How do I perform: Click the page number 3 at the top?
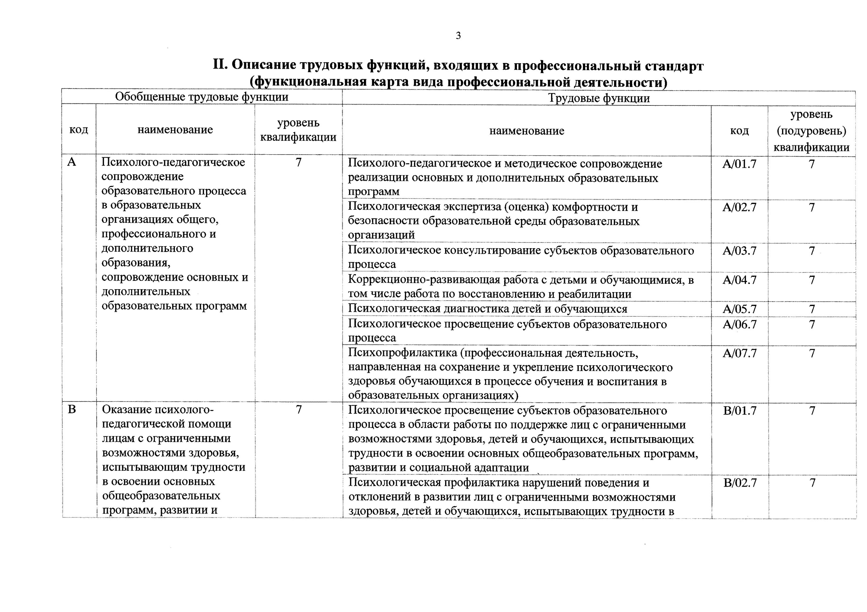(x=458, y=36)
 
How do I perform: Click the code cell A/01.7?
(x=739, y=164)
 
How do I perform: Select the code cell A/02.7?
(x=739, y=207)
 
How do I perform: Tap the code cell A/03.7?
(x=739, y=251)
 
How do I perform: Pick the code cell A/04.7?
(x=739, y=280)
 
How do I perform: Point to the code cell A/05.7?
(x=739, y=309)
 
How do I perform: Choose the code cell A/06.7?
(x=739, y=324)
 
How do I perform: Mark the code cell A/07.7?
(x=739, y=353)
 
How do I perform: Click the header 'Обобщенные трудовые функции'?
(x=202, y=97)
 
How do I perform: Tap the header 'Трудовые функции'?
(x=599, y=99)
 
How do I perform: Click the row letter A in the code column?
(x=71, y=162)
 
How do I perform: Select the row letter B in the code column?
(x=72, y=410)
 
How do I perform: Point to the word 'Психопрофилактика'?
(x=403, y=353)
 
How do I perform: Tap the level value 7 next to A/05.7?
(x=812, y=309)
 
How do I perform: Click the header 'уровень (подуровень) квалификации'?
(x=811, y=131)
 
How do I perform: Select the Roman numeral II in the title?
(x=220, y=65)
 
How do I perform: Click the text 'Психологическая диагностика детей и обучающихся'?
(x=487, y=309)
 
